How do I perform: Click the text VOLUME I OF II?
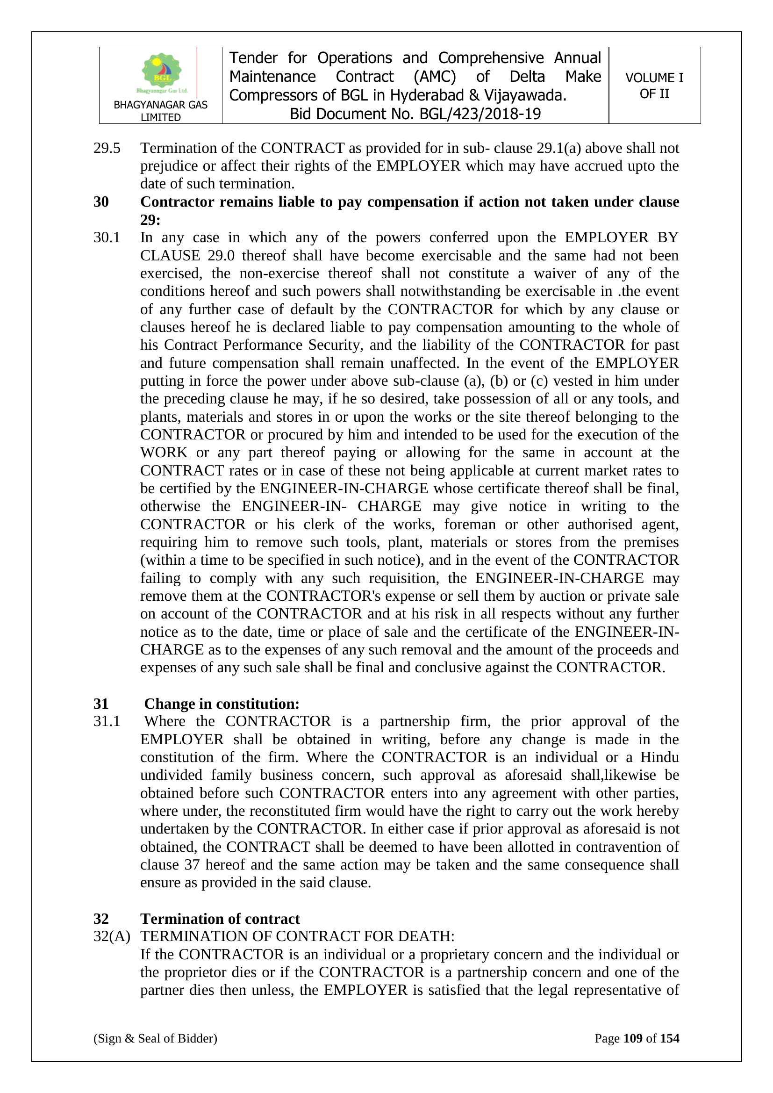654,86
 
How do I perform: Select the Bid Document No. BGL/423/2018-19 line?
415,114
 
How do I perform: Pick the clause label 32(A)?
111,936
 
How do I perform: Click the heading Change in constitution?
222,704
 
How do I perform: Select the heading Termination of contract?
220,919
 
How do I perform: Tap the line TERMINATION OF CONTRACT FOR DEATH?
298,936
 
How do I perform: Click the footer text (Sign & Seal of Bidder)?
155,1038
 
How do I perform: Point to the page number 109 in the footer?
633,1038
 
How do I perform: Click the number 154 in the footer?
669,1038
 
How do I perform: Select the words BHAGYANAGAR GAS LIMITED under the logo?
160,111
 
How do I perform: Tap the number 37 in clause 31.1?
192,864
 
